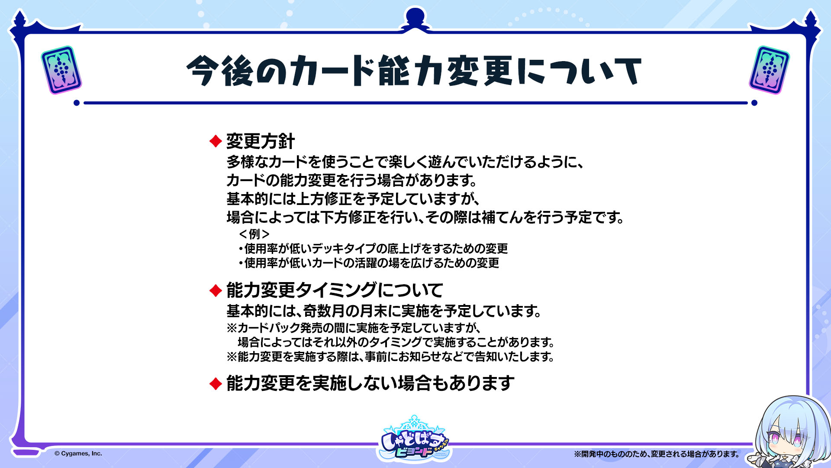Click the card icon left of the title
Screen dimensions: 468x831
tap(61, 70)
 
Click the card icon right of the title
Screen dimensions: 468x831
tap(769, 70)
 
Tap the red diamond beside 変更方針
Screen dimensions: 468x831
tap(216, 141)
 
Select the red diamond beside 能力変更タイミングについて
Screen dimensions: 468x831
tap(216, 290)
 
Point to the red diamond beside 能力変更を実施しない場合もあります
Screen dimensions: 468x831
tap(216, 383)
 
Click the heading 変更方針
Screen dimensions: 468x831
tap(261, 141)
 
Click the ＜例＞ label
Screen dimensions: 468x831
tap(254, 234)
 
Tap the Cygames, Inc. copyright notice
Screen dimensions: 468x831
tap(78, 454)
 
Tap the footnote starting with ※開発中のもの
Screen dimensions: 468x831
tap(657, 454)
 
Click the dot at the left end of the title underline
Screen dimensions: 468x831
tap(77, 103)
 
